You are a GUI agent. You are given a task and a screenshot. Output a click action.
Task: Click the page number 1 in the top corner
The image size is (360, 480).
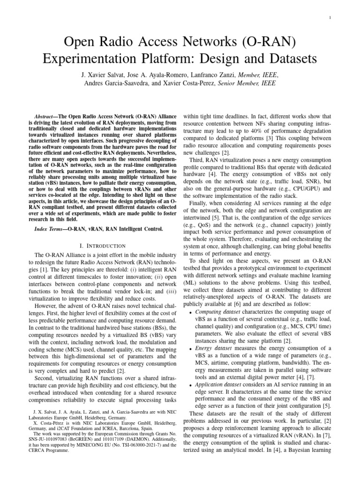click(x=343, y=17)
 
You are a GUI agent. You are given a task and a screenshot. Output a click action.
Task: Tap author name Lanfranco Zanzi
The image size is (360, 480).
click(x=213, y=74)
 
